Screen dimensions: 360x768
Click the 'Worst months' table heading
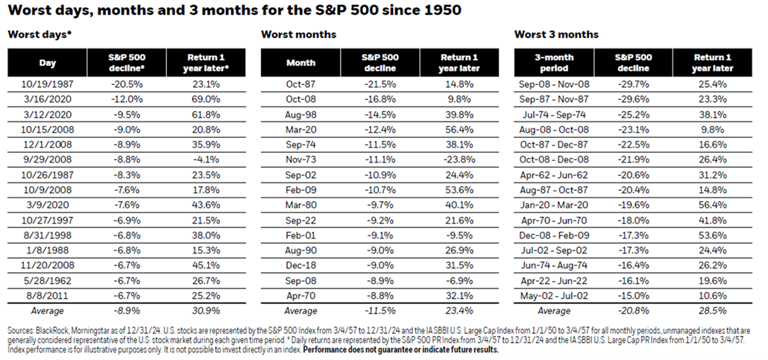(x=298, y=34)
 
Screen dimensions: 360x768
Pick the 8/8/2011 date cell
(x=48, y=296)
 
